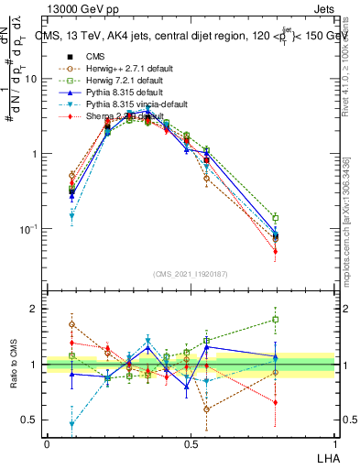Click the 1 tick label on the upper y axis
pyautogui.click(x=38, y=154)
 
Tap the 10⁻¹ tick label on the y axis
pyautogui.click(x=32, y=228)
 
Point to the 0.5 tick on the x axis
pyautogui.click(x=191, y=443)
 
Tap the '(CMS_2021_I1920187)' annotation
pyautogui.click(x=191, y=274)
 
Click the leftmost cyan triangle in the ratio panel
pyautogui.click(x=71, y=424)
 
